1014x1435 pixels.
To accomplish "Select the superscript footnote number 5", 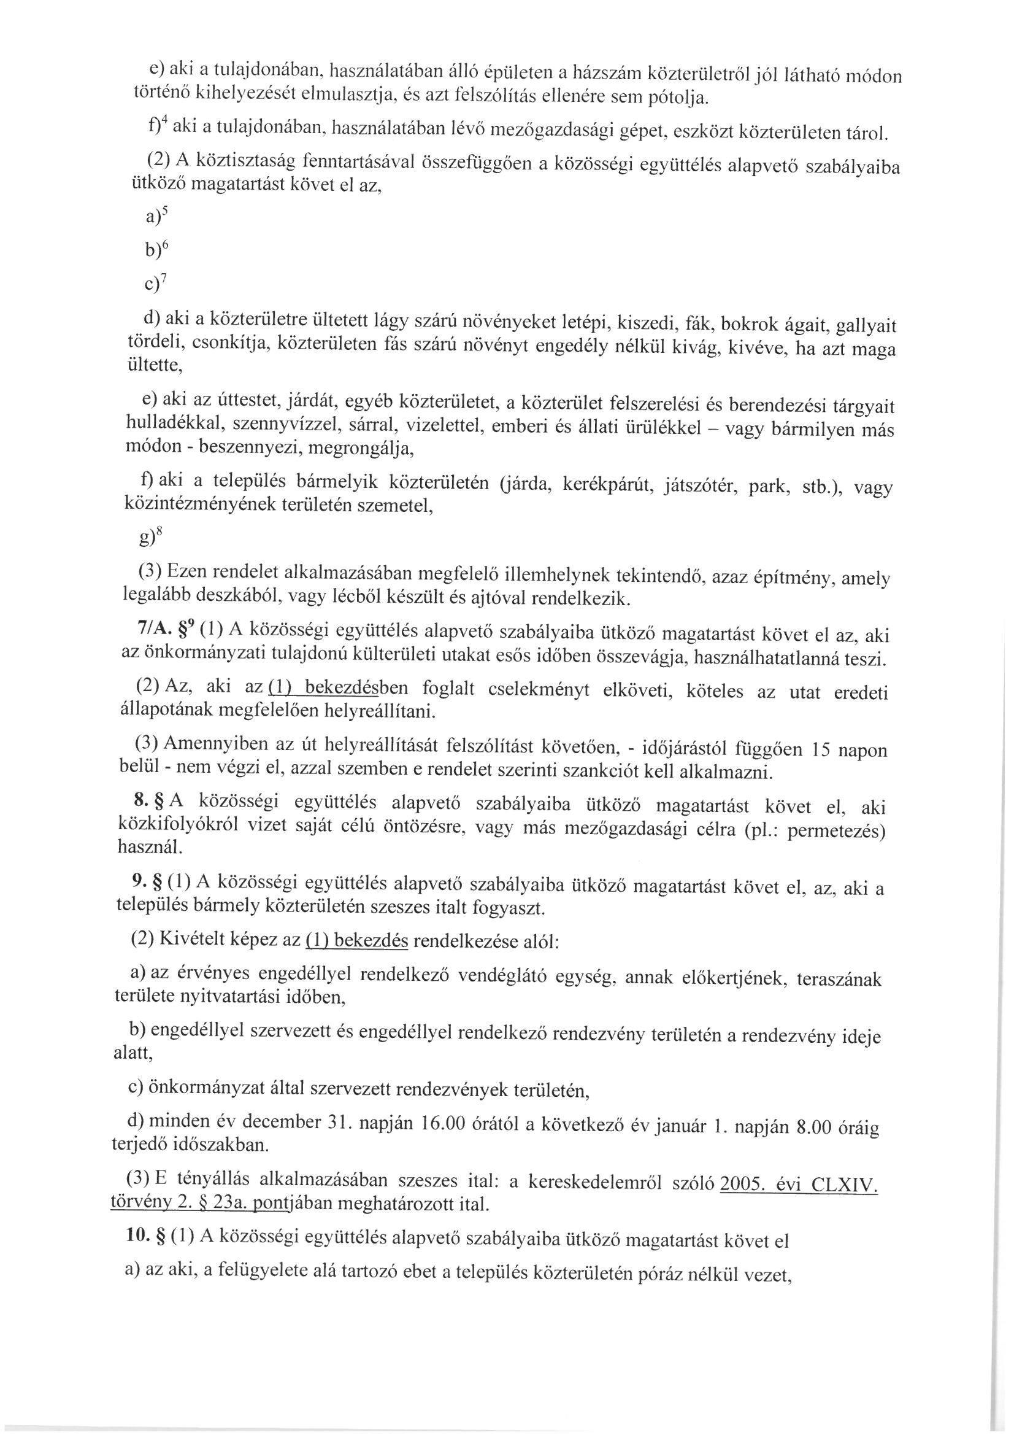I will [x=165, y=211].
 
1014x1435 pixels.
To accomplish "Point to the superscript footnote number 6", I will [x=164, y=245].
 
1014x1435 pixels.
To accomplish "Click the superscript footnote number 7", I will [x=164, y=279].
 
